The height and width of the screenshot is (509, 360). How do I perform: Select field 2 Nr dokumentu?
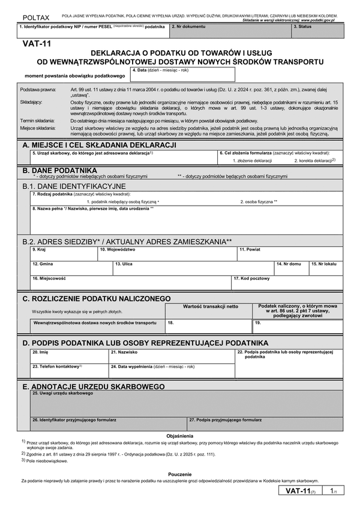click(230, 30)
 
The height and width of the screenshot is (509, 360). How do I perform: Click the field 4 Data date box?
click(182, 74)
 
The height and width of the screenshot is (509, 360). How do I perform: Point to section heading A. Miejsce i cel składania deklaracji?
click(99, 146)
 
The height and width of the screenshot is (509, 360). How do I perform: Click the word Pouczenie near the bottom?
click(180, 473)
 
